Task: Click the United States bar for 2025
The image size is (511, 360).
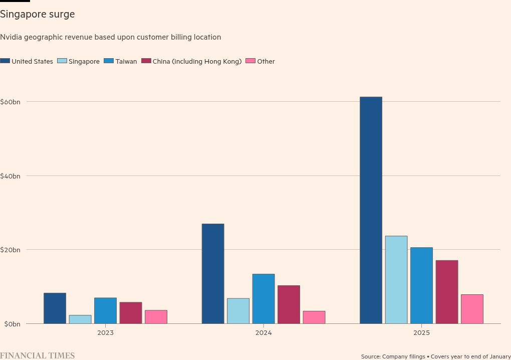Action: pos(371,211)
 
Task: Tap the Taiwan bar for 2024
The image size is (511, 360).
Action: pos(264,299)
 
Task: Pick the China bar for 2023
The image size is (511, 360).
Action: pos(130,313)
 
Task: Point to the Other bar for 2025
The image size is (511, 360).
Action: pos(472,309)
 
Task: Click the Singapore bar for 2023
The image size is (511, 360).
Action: pos(80,319)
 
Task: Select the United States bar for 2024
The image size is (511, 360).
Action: pos(213,274)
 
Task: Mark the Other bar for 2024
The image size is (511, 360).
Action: pos(314,317)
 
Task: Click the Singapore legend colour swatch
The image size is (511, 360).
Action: pos(62,61)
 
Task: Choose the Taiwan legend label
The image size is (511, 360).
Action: pos(126,62)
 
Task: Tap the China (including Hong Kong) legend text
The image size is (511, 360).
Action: pos(197,62)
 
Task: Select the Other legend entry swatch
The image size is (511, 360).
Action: pos(250,61)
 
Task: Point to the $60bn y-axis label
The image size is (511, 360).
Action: pos(10,102)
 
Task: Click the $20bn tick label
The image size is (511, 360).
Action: pos(10,250)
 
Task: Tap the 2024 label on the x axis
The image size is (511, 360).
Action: pos(264,333)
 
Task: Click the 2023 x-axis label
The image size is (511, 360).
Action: pos(105,333)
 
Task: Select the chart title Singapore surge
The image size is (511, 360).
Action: pos(38,15)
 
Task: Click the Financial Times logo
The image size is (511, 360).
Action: pos(38,355)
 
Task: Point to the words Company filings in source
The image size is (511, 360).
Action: pos(403,356)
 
